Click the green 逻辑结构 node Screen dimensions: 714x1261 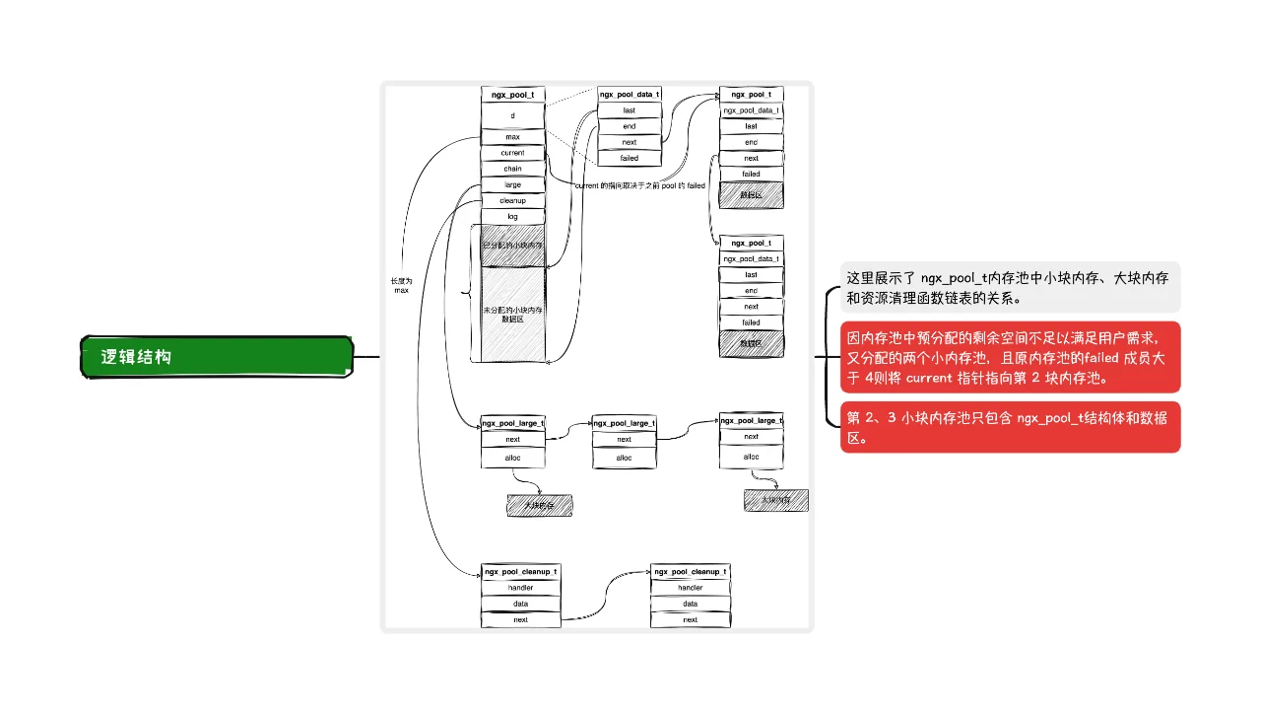pyautogui.click(x=216, y=357)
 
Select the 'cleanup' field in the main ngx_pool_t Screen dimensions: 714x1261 pyautogui.click(x=512, y=200)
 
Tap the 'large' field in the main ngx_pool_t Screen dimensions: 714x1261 pyautogui.click(x=512, y=184)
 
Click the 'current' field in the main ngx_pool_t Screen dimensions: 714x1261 pyautogui.click(x=512, y=153)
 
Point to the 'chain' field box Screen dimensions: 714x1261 pyautogui.click(x=512, y=169)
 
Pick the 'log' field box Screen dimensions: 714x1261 pyautogui.click(x=512, y=216)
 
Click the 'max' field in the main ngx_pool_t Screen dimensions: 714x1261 pyautogui.click(x=512, y=137)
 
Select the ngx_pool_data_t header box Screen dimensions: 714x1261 pyautogui.click(x=630, y=95)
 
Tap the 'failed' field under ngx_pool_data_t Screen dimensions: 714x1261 pyautogui.click(x=630, y=158)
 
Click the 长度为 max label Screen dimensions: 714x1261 pyautogui.click(x=401, y=285)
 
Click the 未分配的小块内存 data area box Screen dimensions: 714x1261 pyautogui.click(x=512, y=314)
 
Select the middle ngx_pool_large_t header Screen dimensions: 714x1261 pyautogui.click(x=624, y=423)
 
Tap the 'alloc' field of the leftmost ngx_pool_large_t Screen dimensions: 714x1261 pyautogui.click(x=512, y=458)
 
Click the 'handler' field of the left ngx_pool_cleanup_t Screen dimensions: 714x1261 pyautogui.click(x=520, y=588)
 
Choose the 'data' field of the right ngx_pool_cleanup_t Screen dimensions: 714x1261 pyautogui.click(x=690, y=604)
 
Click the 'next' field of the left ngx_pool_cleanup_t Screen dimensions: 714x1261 pyautogui.click(x=520, y=619)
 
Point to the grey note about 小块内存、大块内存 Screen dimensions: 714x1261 pyautogui.click(x=1009, y=287)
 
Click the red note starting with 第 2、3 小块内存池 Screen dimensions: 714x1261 pyautogui.click(x=1009, y=427)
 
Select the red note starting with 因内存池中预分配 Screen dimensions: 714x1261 pyautogui.click(x=1009, y=357)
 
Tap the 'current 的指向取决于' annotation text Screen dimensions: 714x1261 pyautogui.click(x=639, y=185)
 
